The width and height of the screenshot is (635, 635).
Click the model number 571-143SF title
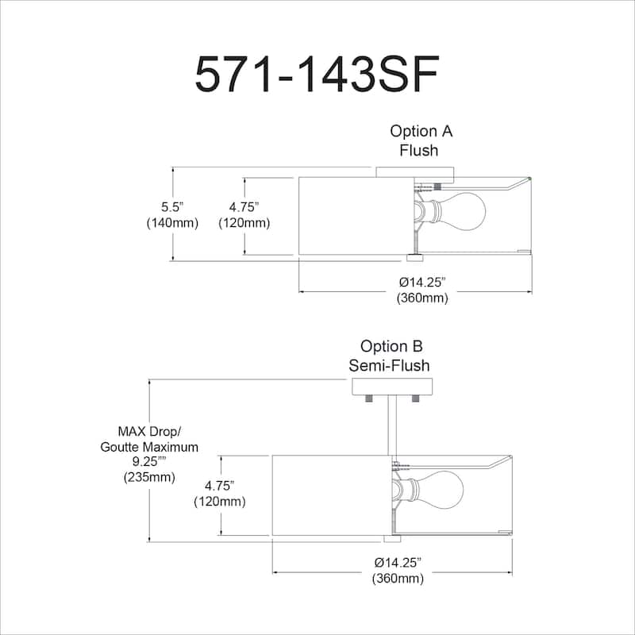[x=316, y=75]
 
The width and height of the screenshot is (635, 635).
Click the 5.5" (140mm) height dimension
[x=171, y=214]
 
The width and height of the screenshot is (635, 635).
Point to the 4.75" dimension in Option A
[x=244, y=214]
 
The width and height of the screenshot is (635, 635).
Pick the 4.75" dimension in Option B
[x=219, y=493]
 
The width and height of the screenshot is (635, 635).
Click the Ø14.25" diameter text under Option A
[x=422, y=290]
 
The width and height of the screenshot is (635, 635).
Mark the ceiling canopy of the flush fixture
[x=414, y=172]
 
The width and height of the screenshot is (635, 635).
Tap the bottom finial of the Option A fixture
[x=414, y=257]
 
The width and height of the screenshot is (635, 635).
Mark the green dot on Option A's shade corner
[x=531, y=179]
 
